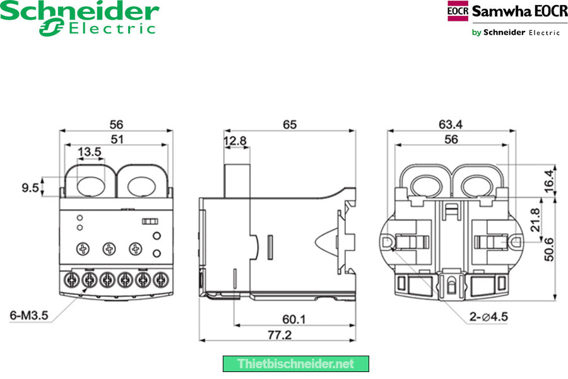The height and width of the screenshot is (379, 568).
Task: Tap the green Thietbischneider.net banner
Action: click(x=295, y=364)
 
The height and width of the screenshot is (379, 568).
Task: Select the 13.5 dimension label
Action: click(x=90, y=152)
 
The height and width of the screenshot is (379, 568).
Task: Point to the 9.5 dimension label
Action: click(x=30, y=188)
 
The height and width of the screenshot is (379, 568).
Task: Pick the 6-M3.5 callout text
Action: click(x=30, y=315)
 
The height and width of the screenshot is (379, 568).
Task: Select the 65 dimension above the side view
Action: click(x=289, y=125)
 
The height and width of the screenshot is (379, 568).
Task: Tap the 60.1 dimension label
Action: click(x=294, y=320)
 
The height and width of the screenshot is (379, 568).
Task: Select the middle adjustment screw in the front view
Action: click(x=108, y=249)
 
